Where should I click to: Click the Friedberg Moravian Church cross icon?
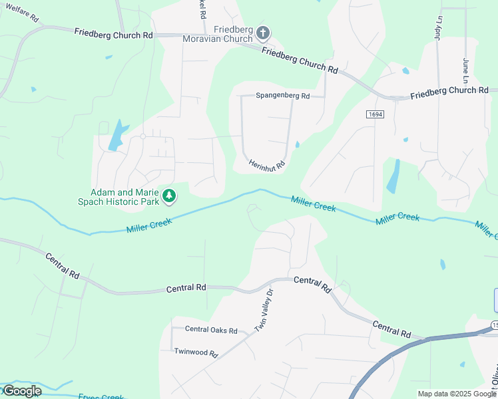[x=263, y=32]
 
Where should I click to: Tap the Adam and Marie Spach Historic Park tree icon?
[x=170, y=196]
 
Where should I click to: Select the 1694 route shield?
[x=375, y=114]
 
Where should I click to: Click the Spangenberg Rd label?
[x=283, y=96]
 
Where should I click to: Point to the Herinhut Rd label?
[x=267, y=163]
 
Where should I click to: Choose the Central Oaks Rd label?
[x=211, y=330]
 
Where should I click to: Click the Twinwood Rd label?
[x=196, y=352]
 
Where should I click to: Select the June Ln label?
[x=466, y=70]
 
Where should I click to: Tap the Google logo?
[x=22, y=391]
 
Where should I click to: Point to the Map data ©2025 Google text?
[x=456, y=394]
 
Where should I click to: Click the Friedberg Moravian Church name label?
[x=218, y=34]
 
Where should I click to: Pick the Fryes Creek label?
[x=101, y=396]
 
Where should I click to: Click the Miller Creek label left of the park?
[x=149, y=225]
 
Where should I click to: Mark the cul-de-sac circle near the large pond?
[x=142, y=136]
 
